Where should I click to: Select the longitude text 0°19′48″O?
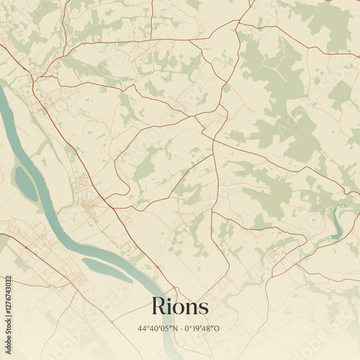[x=203, y=329]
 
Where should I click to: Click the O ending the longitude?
[x=220, y=329]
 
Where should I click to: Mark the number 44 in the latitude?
[x=143, y=329]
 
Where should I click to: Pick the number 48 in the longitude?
[x=210, y=329]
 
